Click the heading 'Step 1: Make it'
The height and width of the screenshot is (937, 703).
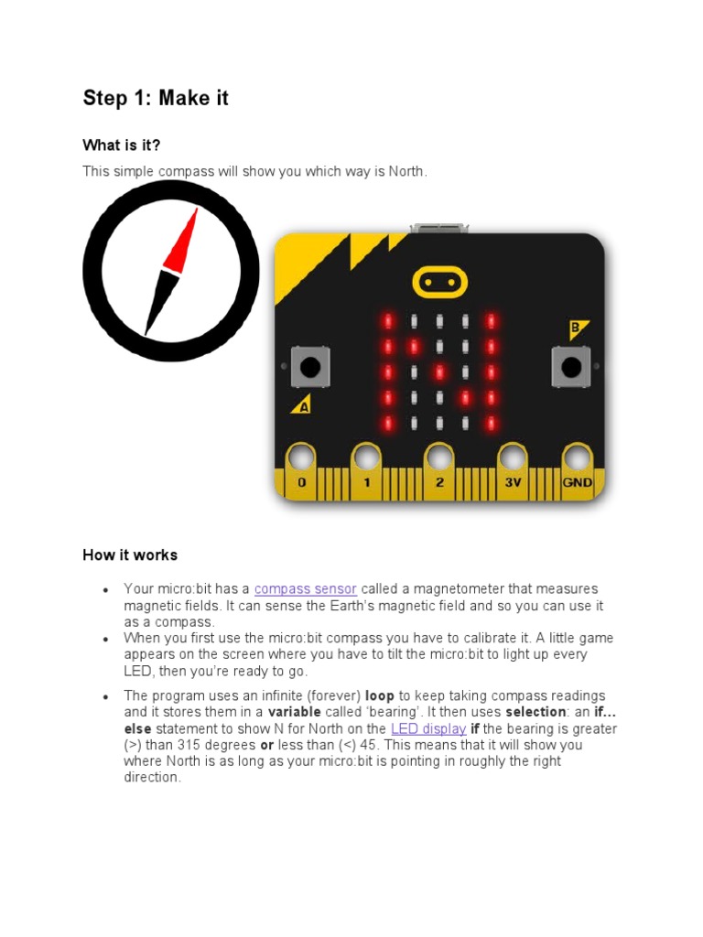(x=156, y=98)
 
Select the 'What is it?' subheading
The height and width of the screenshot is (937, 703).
(x=127, y=145)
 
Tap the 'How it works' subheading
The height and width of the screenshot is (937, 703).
(x=130, y=555)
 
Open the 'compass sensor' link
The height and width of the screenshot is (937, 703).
(x=306, y=588)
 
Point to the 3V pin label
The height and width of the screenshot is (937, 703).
(x=512, y=482)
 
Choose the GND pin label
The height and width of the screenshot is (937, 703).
(x=578, y=482)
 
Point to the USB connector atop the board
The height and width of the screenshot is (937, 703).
(x=439, y=228)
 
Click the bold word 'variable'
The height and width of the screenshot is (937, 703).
(x=294, y=712)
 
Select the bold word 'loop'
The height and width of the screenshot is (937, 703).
(x=380, y=695)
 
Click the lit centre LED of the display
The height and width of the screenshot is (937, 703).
(x=439, y=372)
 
